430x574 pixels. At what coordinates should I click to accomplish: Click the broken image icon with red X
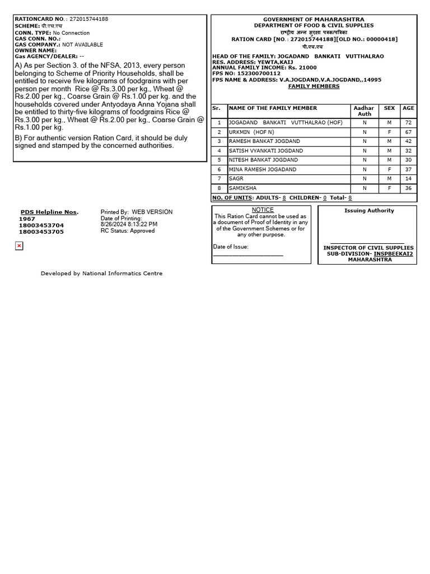point(19,246)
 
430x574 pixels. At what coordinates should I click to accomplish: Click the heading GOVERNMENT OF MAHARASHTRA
point(314,20)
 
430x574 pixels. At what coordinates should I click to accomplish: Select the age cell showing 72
point(408,123)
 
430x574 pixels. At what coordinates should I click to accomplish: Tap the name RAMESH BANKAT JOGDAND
point(264,141)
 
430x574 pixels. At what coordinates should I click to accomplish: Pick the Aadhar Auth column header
point(364,111)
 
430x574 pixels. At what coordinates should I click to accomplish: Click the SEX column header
point(389,108)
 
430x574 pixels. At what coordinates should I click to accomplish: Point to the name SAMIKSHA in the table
point(242,188)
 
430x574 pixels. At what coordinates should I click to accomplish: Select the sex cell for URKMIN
point(389,132)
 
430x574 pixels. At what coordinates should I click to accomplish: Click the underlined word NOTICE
point(263,210)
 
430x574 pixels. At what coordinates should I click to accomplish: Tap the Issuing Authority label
point(369,211)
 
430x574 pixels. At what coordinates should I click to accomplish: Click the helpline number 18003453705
point(41,232)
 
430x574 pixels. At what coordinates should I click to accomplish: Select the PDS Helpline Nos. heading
point(49,212)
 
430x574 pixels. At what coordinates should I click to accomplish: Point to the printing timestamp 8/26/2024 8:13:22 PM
point(129,224)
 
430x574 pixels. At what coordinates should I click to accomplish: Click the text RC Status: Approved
point(128,230)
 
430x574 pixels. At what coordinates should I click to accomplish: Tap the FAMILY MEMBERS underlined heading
point(314,86)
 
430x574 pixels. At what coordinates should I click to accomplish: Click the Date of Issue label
point(231,247)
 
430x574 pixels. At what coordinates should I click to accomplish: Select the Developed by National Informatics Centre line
point(101,274)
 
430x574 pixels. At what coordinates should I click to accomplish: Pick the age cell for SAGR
point(408,179)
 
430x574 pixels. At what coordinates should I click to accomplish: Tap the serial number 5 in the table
point(219,160)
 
